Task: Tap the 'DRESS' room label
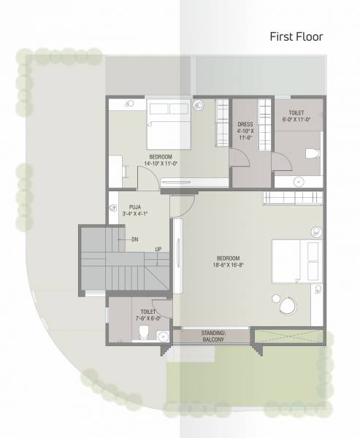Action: click(245, 124)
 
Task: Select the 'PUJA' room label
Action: click(134, 207)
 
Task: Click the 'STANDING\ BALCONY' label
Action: click(213, 337)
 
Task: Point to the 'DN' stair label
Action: click(134, 239)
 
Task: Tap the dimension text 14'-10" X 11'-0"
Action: click(160, 164)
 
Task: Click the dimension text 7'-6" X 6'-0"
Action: click(138, 318)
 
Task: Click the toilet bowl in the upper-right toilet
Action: click(310, 154)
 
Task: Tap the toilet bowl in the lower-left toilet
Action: click(143, 334)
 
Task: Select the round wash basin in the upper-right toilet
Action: click(298, 181)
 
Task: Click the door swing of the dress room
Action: click(242, 158)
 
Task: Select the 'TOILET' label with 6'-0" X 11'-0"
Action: click(296, 113)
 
